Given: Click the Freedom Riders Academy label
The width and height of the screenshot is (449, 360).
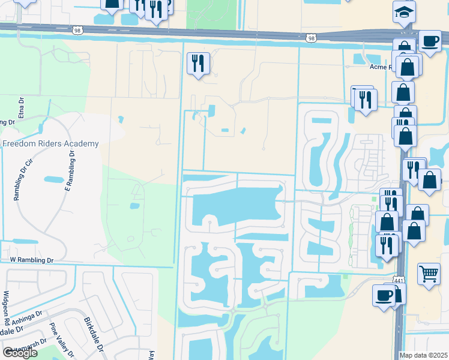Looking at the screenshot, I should pyautogui.click(x=50, y=143).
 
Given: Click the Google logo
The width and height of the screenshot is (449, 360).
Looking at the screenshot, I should pyautogui.click(x=20, y=353).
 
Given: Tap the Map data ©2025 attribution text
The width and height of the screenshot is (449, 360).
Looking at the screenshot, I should pyautogui.click(x=423, y=355).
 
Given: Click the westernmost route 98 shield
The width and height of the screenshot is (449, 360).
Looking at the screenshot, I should pyautogui.click(x=76, y=29).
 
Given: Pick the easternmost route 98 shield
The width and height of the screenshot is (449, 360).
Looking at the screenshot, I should pyautogui.click(x=310, y=38).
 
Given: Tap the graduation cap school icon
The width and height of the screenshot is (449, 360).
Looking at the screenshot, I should pyautogui.click(x=405, y=11).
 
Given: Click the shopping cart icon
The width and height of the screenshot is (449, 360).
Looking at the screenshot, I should pyautogui.click(x=429, y=274).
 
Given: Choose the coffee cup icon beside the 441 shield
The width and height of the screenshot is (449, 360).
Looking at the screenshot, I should pyautogui.click(x=384, y=295).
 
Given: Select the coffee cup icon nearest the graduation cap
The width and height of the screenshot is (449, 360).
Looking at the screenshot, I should pyautogui.click(x=430, y=41).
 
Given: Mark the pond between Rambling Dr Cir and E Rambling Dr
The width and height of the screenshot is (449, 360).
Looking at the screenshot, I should pyautogui.click(x=54, y=179).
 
